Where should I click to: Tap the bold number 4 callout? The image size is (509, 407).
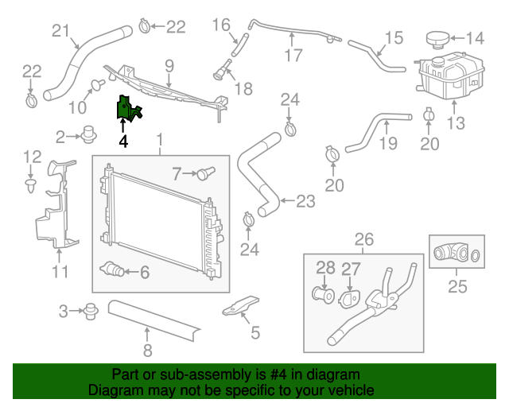pos(123,141)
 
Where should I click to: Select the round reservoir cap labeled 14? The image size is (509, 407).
pos(436,38)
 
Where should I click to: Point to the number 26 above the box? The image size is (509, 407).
pos(363,239)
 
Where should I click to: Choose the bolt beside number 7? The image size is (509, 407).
pos(208,171)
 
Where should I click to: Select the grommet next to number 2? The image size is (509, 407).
pos(89,136)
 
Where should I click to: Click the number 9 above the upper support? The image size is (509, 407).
pos(169,64)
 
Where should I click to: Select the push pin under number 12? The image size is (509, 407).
pos(30,186)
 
